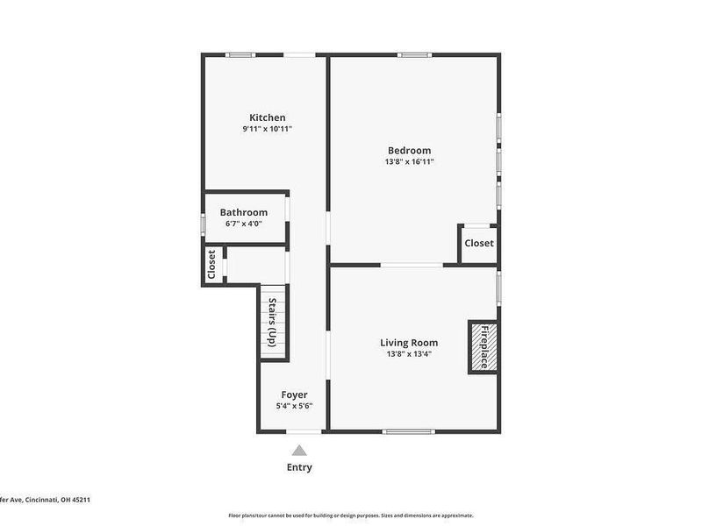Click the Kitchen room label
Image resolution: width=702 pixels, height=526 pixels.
click(267, 117)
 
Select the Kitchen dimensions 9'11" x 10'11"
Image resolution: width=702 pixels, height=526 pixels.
click(267, 129)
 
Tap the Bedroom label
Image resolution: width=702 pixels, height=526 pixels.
click(409, 150)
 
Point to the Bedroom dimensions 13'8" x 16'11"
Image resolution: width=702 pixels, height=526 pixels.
click(409, 161)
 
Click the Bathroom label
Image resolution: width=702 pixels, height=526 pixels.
click(243, 212)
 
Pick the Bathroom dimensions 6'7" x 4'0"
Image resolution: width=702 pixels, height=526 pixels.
click(243, 224)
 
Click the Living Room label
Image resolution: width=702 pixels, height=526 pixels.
click(409, 342)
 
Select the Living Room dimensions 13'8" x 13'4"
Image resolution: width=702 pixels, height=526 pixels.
click(409, 354)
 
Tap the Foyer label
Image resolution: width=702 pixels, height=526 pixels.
click(294, 394)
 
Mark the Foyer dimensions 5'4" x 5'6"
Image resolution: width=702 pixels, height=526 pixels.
click(294, 406)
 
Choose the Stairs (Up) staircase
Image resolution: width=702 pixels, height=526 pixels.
click(273, 323)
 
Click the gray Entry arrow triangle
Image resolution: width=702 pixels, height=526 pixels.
click(299, 450)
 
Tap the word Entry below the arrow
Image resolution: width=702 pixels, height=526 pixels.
click(299, 467)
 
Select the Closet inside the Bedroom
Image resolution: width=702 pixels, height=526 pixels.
click(478, 243)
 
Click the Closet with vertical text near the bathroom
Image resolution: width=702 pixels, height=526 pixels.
click(211, 265)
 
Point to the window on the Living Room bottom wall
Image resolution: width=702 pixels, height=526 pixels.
click(409, 430)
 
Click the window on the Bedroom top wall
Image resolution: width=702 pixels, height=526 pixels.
click(414, 55)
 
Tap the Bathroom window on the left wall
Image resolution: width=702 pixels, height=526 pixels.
click(203, 224)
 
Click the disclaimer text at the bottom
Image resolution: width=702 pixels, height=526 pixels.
click(351, 515)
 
